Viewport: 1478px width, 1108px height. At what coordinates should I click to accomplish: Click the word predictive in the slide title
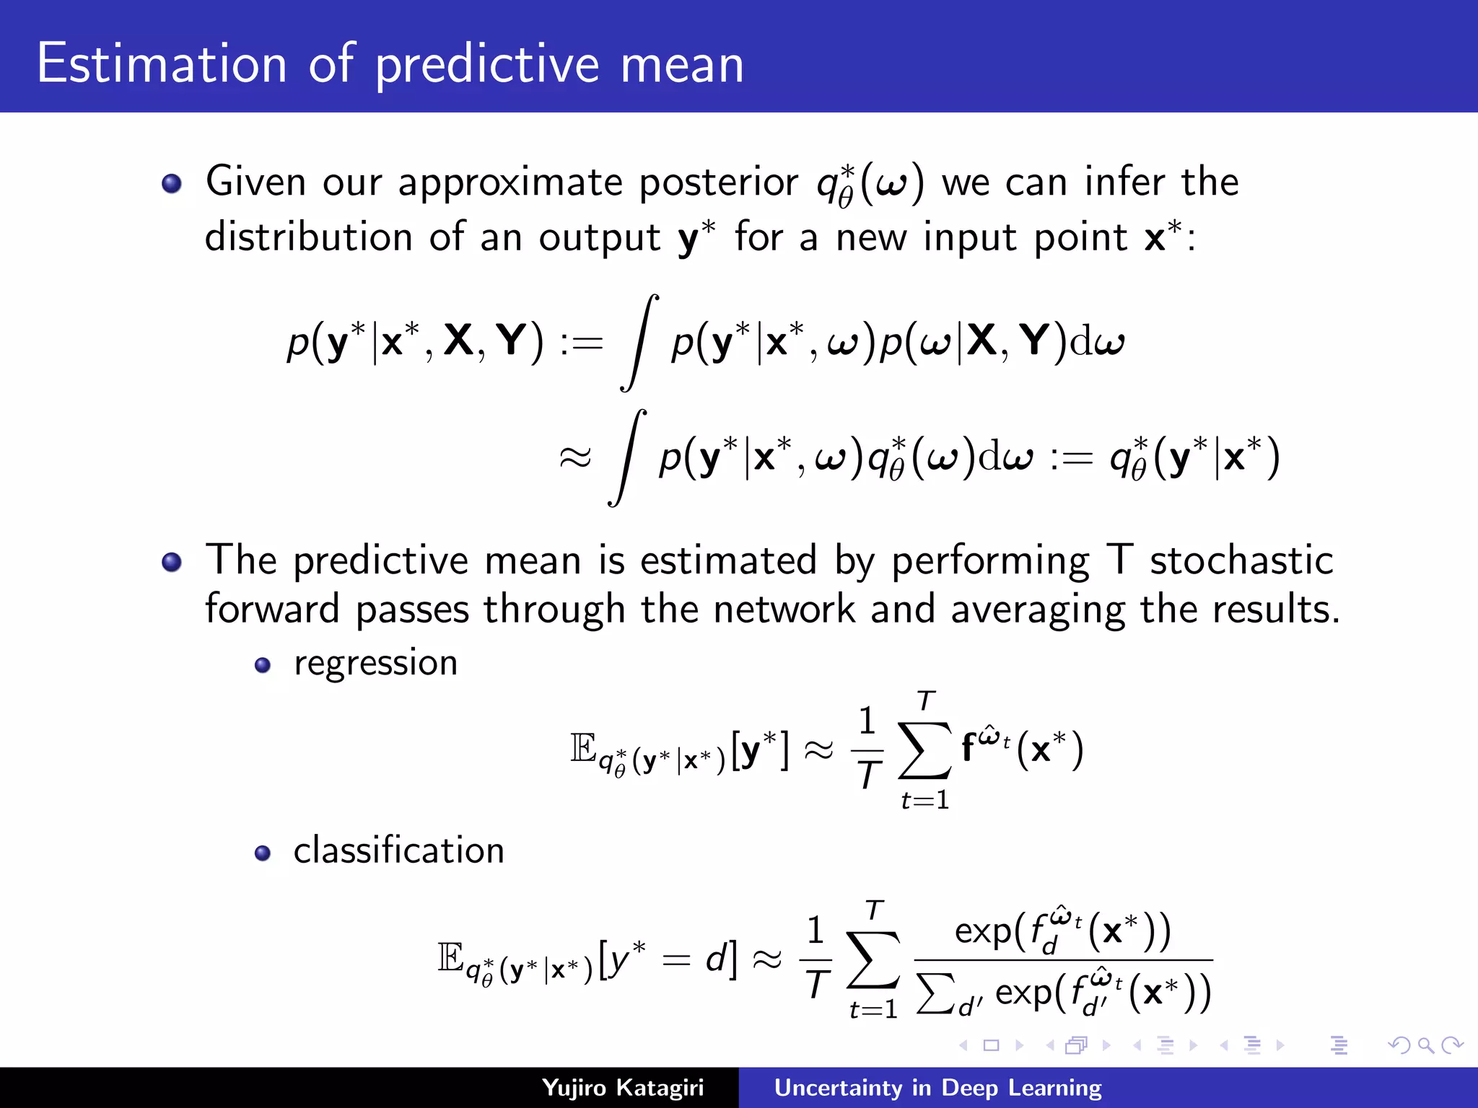pyautogui.click(x=487, y=65)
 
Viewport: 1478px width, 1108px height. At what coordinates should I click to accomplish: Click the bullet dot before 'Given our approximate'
pyautogui.click(x=172, y=183)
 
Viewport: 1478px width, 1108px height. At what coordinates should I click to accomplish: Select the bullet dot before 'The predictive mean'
pyautogui.click(x=172, y=562)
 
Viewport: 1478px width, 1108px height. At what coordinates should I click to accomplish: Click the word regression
pyautogui.click(x=375, y=663)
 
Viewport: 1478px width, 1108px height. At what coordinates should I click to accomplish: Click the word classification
pyautogui.click(x=398, y=850)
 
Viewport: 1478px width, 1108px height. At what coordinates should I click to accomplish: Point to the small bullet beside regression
pyautogui.click(x=263, y=665)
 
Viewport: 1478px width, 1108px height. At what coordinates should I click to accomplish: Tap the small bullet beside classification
pyautogui.click(x=263, y=854)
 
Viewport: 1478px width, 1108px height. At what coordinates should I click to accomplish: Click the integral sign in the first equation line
pyautogui.click(x=639, y=343)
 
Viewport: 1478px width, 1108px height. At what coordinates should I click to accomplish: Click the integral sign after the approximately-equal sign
pyautogui.click(x=627, y=458)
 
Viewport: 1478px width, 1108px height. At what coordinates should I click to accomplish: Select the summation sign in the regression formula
pyautogui.click(x=924, y=750)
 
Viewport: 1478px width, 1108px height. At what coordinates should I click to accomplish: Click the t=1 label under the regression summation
pyautogui.click(x=924, y=800)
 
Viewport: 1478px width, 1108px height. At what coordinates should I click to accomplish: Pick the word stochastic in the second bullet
pyautogui.click(x=1241, y=560)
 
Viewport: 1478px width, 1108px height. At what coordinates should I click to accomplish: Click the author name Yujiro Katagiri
pyautogui.click(x=622, y=1088)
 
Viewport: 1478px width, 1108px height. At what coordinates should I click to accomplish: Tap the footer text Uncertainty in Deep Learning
pyautogui.click(x=937, y=1088)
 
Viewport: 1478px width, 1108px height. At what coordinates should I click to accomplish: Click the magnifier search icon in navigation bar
pyautogui.click(x=1425, y=1045)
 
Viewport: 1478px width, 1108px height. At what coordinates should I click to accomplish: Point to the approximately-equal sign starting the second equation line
pyautogui.click(x=575, y=457)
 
